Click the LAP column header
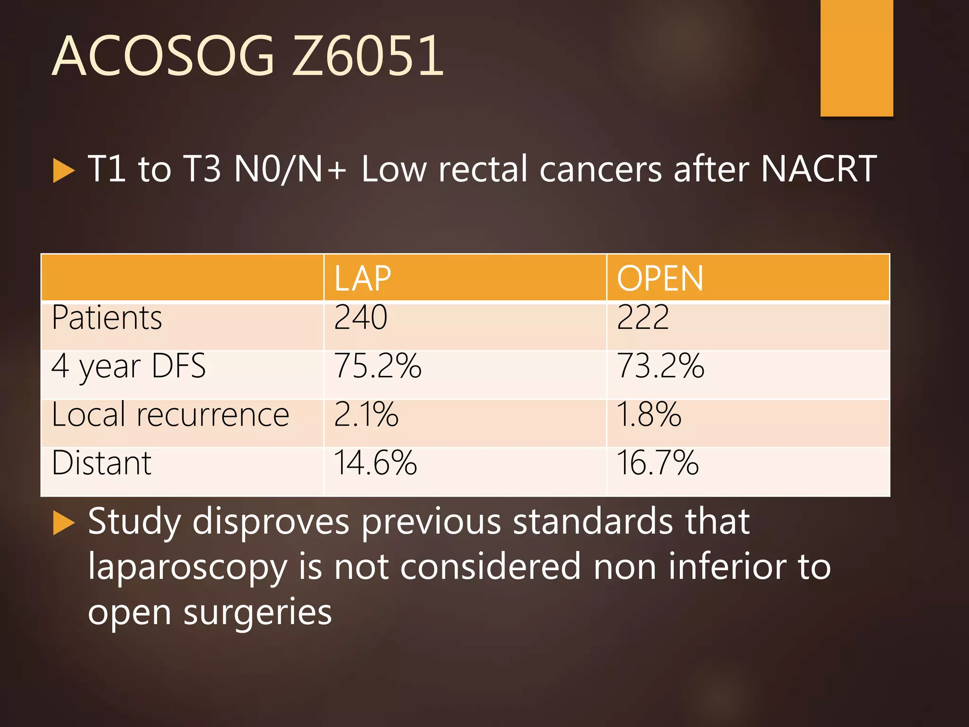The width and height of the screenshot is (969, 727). pyautogui.click(x=362, y=278)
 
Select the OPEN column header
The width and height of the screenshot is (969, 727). pyautogui.click(x=660, y=278)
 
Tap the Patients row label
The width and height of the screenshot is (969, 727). pyautogui.click(x=107, y=318)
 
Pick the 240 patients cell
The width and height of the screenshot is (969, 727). pyautogui.click(x=361, y=318)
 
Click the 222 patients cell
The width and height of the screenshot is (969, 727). pyautogui.click(x=643, y=318)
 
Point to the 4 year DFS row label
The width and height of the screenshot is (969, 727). pyautogui.click(x=129, y=366)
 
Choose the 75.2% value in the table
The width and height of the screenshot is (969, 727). pyautogui.click(x=378, y=366)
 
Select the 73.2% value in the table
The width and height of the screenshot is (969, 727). pyautogui.click(x=661, y=366)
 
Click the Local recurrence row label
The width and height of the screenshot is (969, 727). pyautogui.click(x=170, y=415)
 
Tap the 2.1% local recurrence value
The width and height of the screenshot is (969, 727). pyautogui.click(x=366, y=415)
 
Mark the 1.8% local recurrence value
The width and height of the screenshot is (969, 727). pyautogui.click(x=649, y=415)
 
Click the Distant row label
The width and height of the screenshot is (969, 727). pyautogui.click(x=102, y=463)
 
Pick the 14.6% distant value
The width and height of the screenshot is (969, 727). pyautogui.click(x=375, y=463)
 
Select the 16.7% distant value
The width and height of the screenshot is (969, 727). pyautogui.click(x=658, y=463)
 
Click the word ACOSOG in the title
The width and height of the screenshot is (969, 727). pyautogui.click(x=163, y=56)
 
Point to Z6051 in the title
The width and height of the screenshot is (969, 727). pyautogui.click(x=368, y=56)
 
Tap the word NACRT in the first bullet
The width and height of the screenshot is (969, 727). pyautogui.click(x=819, y=169)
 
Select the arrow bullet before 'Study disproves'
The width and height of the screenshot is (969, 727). pyautogui.click(x=64, y=523)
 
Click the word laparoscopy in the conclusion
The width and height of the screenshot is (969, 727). pyautogui.click(x=187, y=567)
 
